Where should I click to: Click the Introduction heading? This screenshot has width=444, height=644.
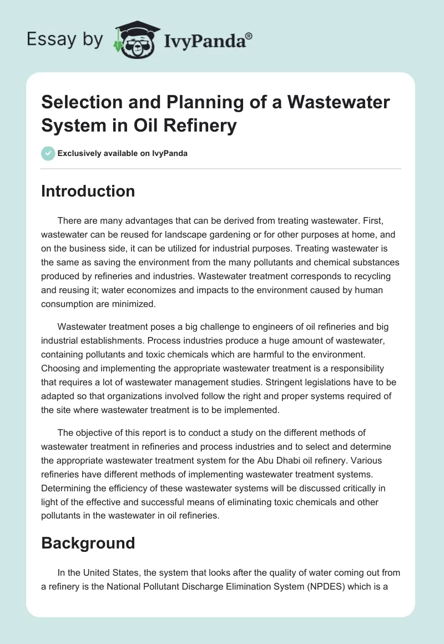[88, 191]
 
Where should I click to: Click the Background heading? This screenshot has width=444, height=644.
[88, 542]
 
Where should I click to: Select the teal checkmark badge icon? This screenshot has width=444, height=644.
[48, 153]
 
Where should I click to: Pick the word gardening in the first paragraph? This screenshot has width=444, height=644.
[235, 235]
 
